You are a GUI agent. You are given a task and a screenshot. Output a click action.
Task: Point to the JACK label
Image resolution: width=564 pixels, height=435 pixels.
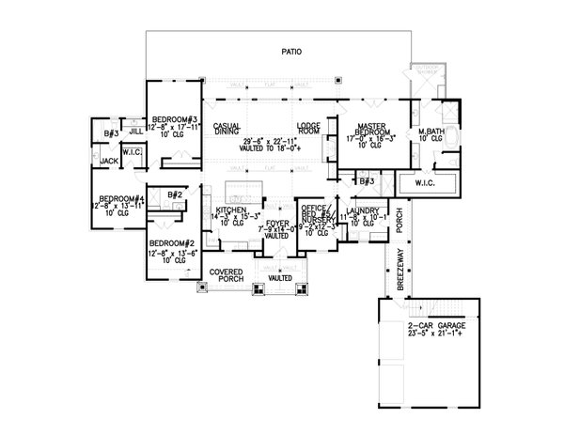click(x=110, y=162)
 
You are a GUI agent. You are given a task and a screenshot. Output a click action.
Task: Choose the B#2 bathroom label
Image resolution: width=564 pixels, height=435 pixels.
click(x=174, y=194)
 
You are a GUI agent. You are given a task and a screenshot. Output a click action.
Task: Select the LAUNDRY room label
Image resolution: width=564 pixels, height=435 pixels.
click(x=361, y=210)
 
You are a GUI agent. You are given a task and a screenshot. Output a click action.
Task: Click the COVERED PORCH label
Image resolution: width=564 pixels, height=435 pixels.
click(x=227, y=273)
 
